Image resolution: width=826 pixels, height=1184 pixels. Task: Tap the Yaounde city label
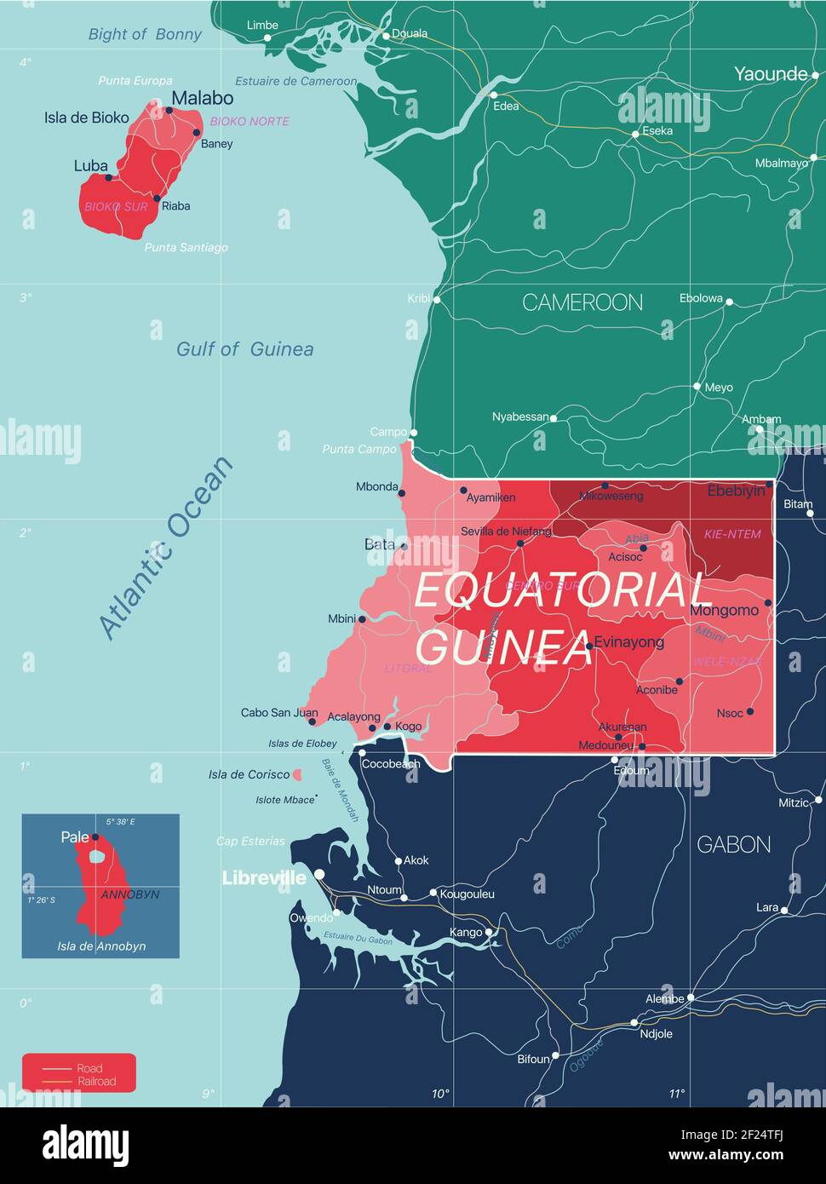point(771,74)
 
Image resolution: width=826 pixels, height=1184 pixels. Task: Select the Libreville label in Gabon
point(264,877)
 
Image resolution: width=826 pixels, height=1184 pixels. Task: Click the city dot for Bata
point(404,545)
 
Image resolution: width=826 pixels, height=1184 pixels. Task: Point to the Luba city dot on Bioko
point(108,178)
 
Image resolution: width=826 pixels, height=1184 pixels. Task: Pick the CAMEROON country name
point(582,302)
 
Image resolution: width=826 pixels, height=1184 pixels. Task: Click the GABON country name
point(733,844)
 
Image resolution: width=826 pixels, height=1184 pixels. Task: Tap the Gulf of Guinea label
point(244,349)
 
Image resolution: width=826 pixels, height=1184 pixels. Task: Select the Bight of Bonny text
point(145,34)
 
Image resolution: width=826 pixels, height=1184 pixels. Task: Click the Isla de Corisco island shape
point(296,775)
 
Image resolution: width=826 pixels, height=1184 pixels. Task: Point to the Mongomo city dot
point(767,602)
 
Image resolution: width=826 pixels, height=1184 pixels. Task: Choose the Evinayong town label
point(628,642)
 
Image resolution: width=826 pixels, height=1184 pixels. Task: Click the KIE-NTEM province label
point(732,534)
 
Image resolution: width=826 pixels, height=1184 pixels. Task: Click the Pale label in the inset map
point(75,837)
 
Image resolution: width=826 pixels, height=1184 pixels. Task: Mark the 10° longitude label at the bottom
point(439,1094)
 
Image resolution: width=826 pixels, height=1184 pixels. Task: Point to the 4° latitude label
point(26,62)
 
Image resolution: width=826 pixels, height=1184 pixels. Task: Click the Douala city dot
point(386,36)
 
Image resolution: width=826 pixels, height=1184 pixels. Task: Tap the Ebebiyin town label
point(736,491)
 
